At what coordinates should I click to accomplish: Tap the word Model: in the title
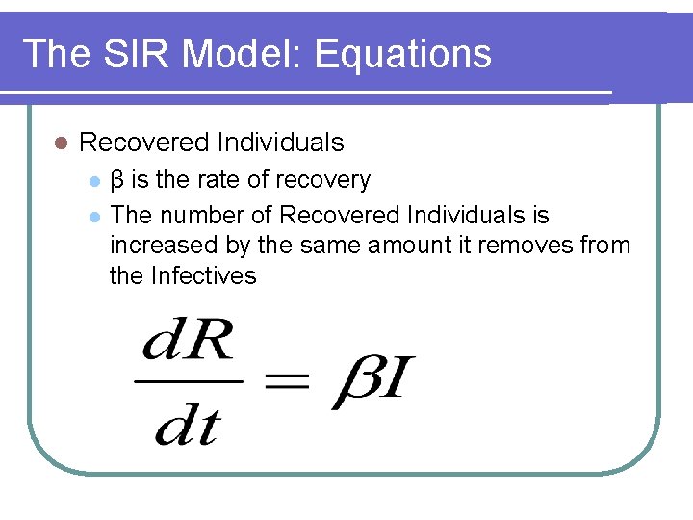[x=241, y=54]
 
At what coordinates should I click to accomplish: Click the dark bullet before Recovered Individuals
[x=60, y=143]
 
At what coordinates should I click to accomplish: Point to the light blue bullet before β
[x=93, y=181]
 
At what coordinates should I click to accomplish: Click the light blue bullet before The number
[x=93, y=216]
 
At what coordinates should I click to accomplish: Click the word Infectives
[x=204, y=276]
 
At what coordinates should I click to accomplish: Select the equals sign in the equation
[x=286, y=382]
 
